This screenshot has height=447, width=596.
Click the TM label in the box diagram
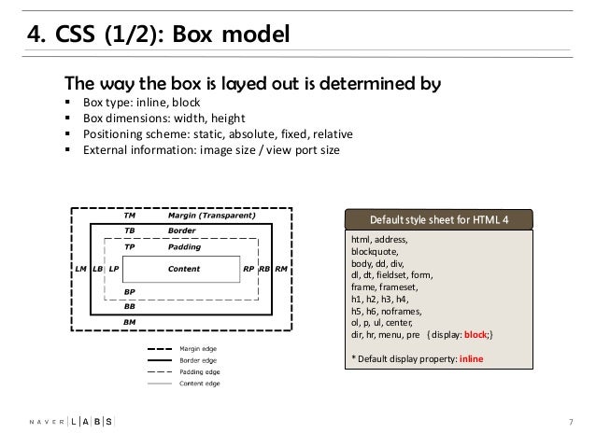pyautogui.click(x=130, y=216)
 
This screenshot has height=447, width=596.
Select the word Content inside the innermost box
pyautogui.click(x=184, y=269)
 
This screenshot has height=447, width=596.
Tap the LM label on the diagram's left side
pyautogui.click(x=80, y=269)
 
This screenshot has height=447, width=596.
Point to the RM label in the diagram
pyautogui.click(x=281, y=269)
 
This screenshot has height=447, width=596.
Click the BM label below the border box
pyautogui.click(x=129, y=322)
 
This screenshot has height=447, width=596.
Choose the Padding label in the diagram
pyautogui.click(x=184, y=247)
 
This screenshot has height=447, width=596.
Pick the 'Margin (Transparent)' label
pyautogui.click(x=212, y=216)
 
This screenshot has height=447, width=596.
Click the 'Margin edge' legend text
pyautogui.click(x=198, y=349)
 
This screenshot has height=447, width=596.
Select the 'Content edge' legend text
pyautogui.click(x=200, y=384)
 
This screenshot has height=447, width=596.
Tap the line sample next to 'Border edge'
pyautogui.click(x=160, y=360)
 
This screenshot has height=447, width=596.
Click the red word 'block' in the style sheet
pyautogui.click(x=475, y=335)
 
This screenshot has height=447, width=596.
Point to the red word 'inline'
pyautogui.click(x=472, y=359)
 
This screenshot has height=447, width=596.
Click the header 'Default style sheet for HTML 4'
pyautogui.click(x=439, y=220)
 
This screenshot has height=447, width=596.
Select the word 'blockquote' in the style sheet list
pyautogui.click(x=374, y=252)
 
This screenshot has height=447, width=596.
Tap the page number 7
pyautogui.click(x=571, y=422)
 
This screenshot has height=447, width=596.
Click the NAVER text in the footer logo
pyautogui.click(x=47, y=422)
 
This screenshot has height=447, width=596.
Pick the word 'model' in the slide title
pyautogui.click(x=255, y=34)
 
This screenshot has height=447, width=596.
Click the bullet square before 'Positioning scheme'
pyautogui.click(x=67, y=133)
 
